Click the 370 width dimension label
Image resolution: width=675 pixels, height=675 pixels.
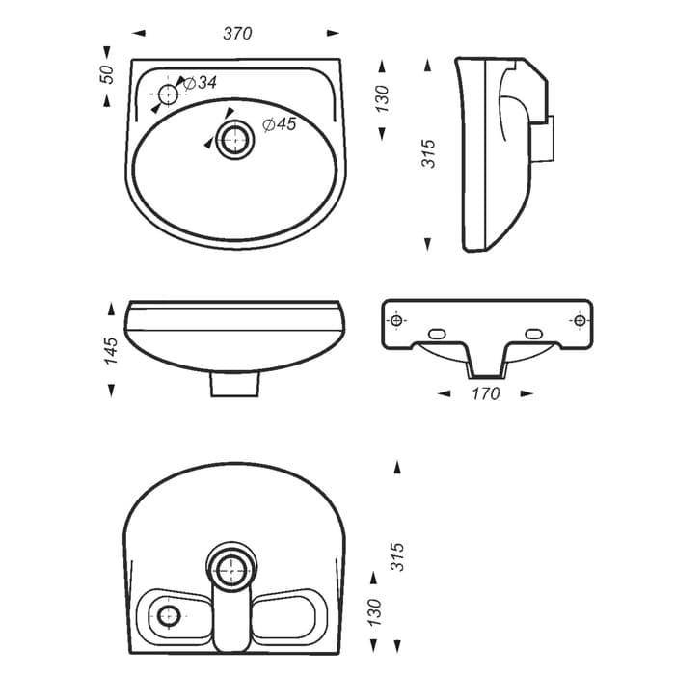(x=237, y=34)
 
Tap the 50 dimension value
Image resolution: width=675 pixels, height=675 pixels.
(x=107, y=74)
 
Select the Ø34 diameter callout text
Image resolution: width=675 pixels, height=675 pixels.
(x=200, y=83)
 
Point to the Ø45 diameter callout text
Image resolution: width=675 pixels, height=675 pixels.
(x=280, y=124)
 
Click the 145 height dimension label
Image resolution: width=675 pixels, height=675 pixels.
(x=111, y=351)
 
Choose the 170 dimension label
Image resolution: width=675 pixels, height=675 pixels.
(x=486, y=393)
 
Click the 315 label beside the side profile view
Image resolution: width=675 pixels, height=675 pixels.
(x=429, y=153)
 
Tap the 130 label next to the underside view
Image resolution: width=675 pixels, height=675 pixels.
(x=374, y=612)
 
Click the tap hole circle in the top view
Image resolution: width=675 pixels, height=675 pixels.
(x=168, y=94)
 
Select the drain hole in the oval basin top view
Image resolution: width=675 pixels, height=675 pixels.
(x=234, y=139)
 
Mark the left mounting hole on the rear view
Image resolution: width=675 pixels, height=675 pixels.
(x=396, y=320)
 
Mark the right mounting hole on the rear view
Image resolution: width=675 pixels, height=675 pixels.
(x=580, y=320)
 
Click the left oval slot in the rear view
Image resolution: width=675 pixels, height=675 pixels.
(x=437, y=334)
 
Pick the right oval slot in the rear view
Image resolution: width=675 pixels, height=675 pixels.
(x=533, y=334)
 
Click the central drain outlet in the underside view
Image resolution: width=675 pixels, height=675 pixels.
(x=231, y=571)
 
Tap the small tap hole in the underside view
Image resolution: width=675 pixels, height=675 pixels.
(x=169, y=615)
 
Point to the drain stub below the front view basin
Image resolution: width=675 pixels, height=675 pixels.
(x=234, y=384)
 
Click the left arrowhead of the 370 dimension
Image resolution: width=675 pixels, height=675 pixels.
(x=139, y=33)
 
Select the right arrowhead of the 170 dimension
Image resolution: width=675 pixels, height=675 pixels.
(x=526, y=393)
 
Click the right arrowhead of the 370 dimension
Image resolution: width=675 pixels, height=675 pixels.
(x=333, y=33)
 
